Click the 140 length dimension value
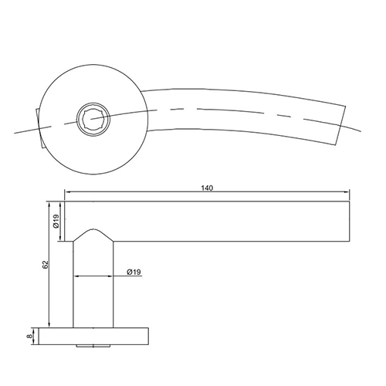click(206, 188)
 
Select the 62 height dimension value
click(46, 265)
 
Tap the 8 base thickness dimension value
click(31, 336)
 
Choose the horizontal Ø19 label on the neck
click(132, 273)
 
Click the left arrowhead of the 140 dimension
click(68, 194)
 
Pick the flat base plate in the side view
click(95, 336)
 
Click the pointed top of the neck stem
click(94, 229)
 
